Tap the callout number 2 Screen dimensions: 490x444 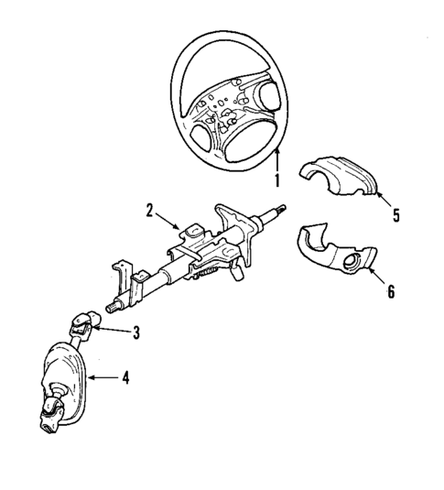pos(148,212)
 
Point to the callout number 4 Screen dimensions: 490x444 pos(125,376)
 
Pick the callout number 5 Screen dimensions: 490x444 pos(395,218)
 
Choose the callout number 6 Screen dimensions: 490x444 pos(390,292)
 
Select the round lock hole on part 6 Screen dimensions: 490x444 pos(352,266)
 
